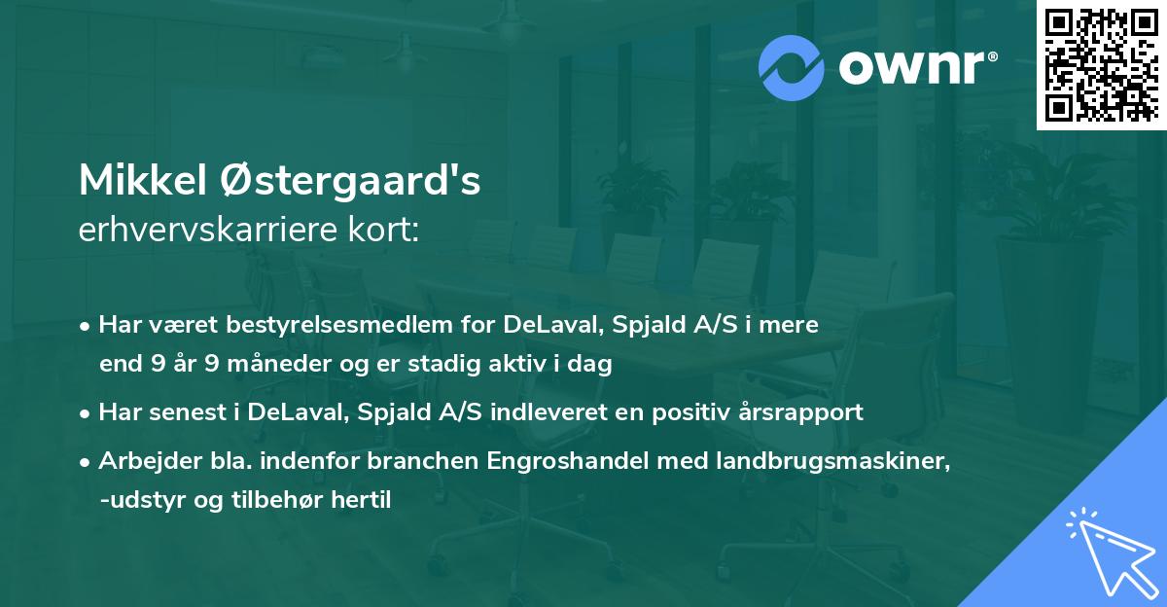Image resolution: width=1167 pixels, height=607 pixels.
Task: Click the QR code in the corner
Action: point(1101,65)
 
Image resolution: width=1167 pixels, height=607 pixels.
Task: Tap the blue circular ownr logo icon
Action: point(792,66)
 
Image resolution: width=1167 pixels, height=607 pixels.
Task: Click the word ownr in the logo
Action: point(910,66)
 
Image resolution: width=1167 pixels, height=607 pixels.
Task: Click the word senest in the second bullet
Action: point(178,411)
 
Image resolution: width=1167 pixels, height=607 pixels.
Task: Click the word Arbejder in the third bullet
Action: point(139,461)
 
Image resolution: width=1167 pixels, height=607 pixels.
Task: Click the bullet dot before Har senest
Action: point(87,412)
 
